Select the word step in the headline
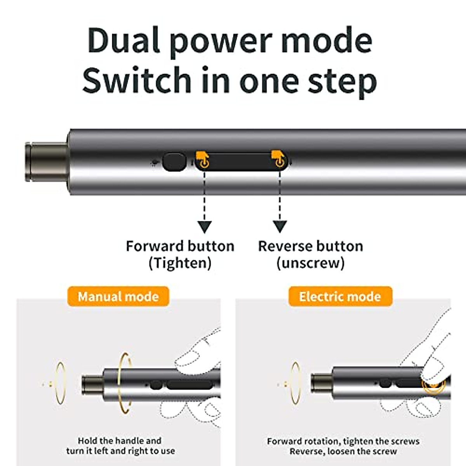tap(342, 82)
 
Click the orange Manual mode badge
tap(118, 297)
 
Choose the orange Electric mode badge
tap(340, 297)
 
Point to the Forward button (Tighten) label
tap(180, 254)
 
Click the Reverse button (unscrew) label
tap(310, 254)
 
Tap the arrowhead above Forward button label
tap(204, 226)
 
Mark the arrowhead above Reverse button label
tap(280, 226)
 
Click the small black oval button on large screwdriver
tap(174, 162)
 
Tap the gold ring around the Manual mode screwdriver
tap(125, 383)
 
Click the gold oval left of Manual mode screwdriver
tap(60, 383)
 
